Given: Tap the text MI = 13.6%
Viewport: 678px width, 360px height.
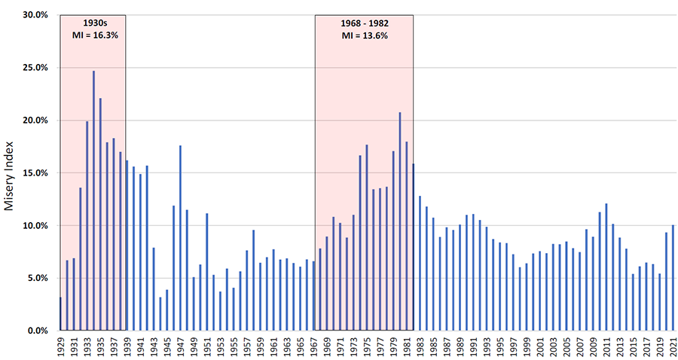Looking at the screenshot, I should pyautogui.click(x=364, y=35).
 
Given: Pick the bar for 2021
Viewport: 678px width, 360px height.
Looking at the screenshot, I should pyautogui.click(x=673, y=278).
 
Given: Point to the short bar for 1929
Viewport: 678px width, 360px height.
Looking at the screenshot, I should pyautogui.click(x=60, y=314).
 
